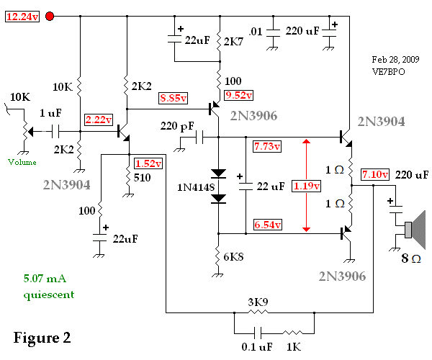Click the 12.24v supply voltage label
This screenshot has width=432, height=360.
click(22, 17)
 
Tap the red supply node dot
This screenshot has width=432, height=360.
click(50, 17)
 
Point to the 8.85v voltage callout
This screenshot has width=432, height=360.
click(174, 97)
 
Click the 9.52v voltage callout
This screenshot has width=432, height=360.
click(239, 94)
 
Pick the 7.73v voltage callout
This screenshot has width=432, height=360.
click(267, 146)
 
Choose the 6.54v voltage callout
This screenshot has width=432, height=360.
click(267, 225)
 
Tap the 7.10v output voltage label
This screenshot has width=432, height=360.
click(374, 174)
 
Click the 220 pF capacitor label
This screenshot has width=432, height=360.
click(176, 127)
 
